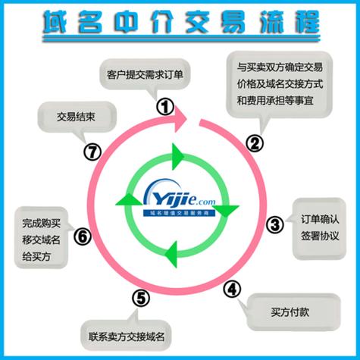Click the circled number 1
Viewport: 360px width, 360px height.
pyautogui.click(x=165, y=107)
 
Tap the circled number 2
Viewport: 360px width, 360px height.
pyautogui.click(x=255, y=143)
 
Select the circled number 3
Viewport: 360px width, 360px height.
pyautogui.click(x=275, y=224)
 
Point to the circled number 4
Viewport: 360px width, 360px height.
pyautogui.click(x=232, y=289)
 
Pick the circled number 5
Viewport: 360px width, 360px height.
pyautogui.click(x=141, y=298)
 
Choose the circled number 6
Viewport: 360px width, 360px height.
pyautogui.click(x=83, y=236)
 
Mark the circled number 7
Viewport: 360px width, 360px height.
pyautogui.click(x=92, y=152)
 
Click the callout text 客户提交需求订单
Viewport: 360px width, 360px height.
pyautogui.click(x=145, y=75)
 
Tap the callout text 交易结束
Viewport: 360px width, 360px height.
pyautogui.click(x=76, y=117)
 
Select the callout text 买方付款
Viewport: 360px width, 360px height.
pyautogui.click(x=290, y=312)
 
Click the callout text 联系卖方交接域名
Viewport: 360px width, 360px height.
pyautogui.click(x=127, y=337)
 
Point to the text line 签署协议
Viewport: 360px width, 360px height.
pyautogui.click(x=320, y=236)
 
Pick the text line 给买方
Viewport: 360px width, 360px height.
pyautogui.click(x=36, y=257)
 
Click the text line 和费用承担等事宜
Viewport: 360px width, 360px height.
pyautogui.click(x=275, y=101)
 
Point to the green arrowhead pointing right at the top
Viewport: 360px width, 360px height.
pyautogui.click(x=178, y=157)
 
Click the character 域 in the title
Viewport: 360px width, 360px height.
pyautogui.click(x=55, y=22)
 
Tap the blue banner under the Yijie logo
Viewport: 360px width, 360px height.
pyautogui.click(x=179, y=213)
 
